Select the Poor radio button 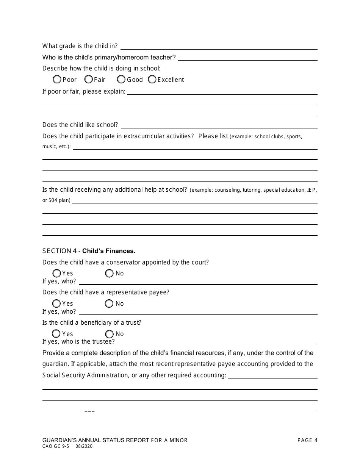[57, 80]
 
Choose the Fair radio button [89, 80]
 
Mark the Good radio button [121, 80]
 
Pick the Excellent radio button [152, 80]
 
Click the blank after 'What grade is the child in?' [219, 46]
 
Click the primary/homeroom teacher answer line [247, 57]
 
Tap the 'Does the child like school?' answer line [219, 125]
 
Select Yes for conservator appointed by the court [56, 273]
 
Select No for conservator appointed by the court [110, 273]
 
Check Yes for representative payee [56, 303]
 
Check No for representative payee [110, 303]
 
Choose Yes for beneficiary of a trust [56, 334]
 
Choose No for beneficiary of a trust [110, 334]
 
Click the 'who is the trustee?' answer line [217, 341]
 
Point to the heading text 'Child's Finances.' [109, 251]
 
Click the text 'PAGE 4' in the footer [307, 440]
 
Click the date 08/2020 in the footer [84, 446]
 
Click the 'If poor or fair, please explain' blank [222, 91]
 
